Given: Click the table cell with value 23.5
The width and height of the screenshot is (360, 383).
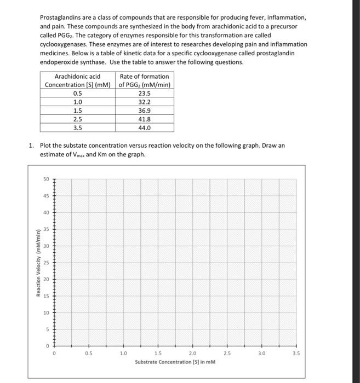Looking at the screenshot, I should coord(145,93).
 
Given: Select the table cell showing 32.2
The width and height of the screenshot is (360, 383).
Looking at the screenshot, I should coord(145,102).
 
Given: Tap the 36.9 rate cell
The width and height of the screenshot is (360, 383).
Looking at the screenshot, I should coord(145,110).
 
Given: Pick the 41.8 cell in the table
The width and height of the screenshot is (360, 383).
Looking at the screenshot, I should coord(145,119).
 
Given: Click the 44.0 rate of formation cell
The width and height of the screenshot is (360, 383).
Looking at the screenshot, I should coord(145,127).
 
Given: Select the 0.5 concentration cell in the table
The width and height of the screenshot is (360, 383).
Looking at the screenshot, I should coord(78,93).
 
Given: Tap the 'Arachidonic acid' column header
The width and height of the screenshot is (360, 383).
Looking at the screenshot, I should coord(78,77).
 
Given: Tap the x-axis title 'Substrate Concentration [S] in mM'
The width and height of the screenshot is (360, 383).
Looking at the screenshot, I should coord(175,362).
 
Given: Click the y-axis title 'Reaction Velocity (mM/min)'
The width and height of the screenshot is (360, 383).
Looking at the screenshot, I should coord(38,263).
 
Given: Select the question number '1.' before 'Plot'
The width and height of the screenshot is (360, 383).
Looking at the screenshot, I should coord(32,146).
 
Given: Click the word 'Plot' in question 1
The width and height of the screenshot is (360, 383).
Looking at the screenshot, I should coord(45,146).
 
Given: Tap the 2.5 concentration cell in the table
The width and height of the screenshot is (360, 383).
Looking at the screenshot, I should coord(78,119).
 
